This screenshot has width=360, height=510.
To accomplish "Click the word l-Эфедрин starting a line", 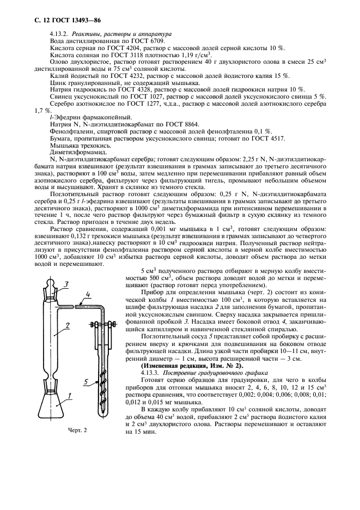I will coord(67,117).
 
